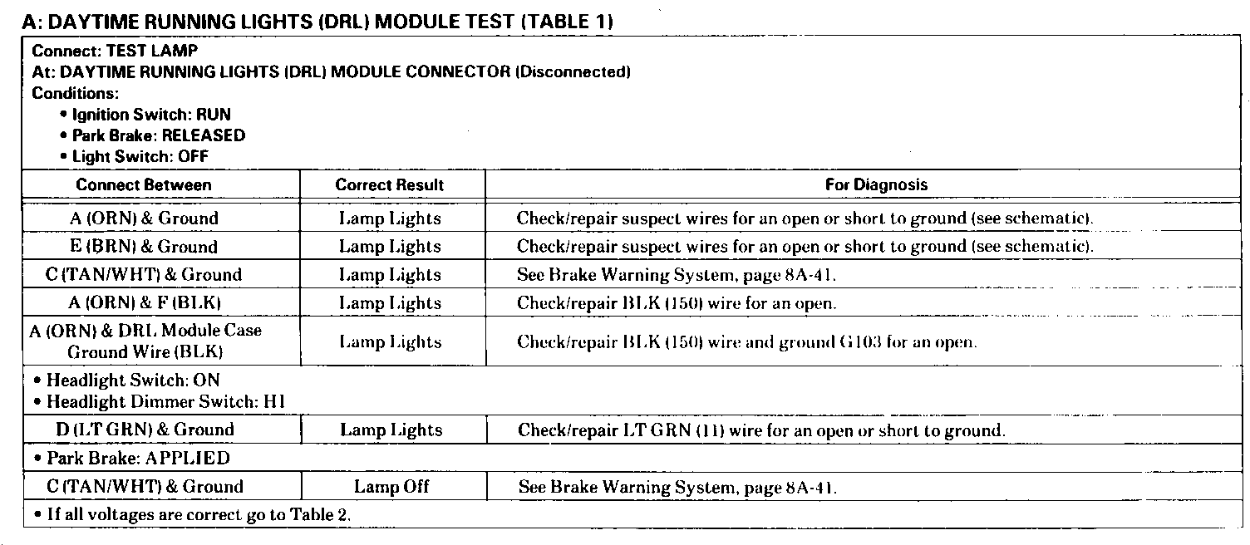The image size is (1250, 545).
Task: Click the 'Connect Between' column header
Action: (144, 184)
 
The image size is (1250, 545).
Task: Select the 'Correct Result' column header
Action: (390, 184)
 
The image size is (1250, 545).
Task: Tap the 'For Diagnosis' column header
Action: (876, 184)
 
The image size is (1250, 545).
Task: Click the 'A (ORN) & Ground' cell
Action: (144, 218)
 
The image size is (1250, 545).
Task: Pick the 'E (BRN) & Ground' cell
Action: (144, 247)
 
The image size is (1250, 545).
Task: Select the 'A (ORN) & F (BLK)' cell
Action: (144, 302)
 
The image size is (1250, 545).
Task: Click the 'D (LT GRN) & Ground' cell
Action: (145, 430)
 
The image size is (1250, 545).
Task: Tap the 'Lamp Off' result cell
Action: (391, 487)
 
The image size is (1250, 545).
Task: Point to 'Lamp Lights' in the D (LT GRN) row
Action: (391, 430)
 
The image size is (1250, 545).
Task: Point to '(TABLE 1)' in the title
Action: (566, 22)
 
